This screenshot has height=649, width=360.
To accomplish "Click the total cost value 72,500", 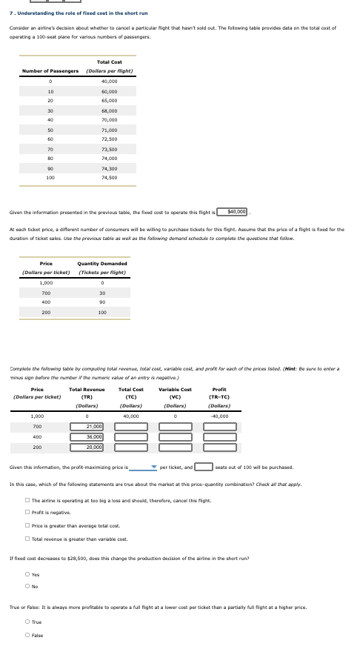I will tap(110, 139).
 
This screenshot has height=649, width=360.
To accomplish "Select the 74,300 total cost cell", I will tap(110, 170).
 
